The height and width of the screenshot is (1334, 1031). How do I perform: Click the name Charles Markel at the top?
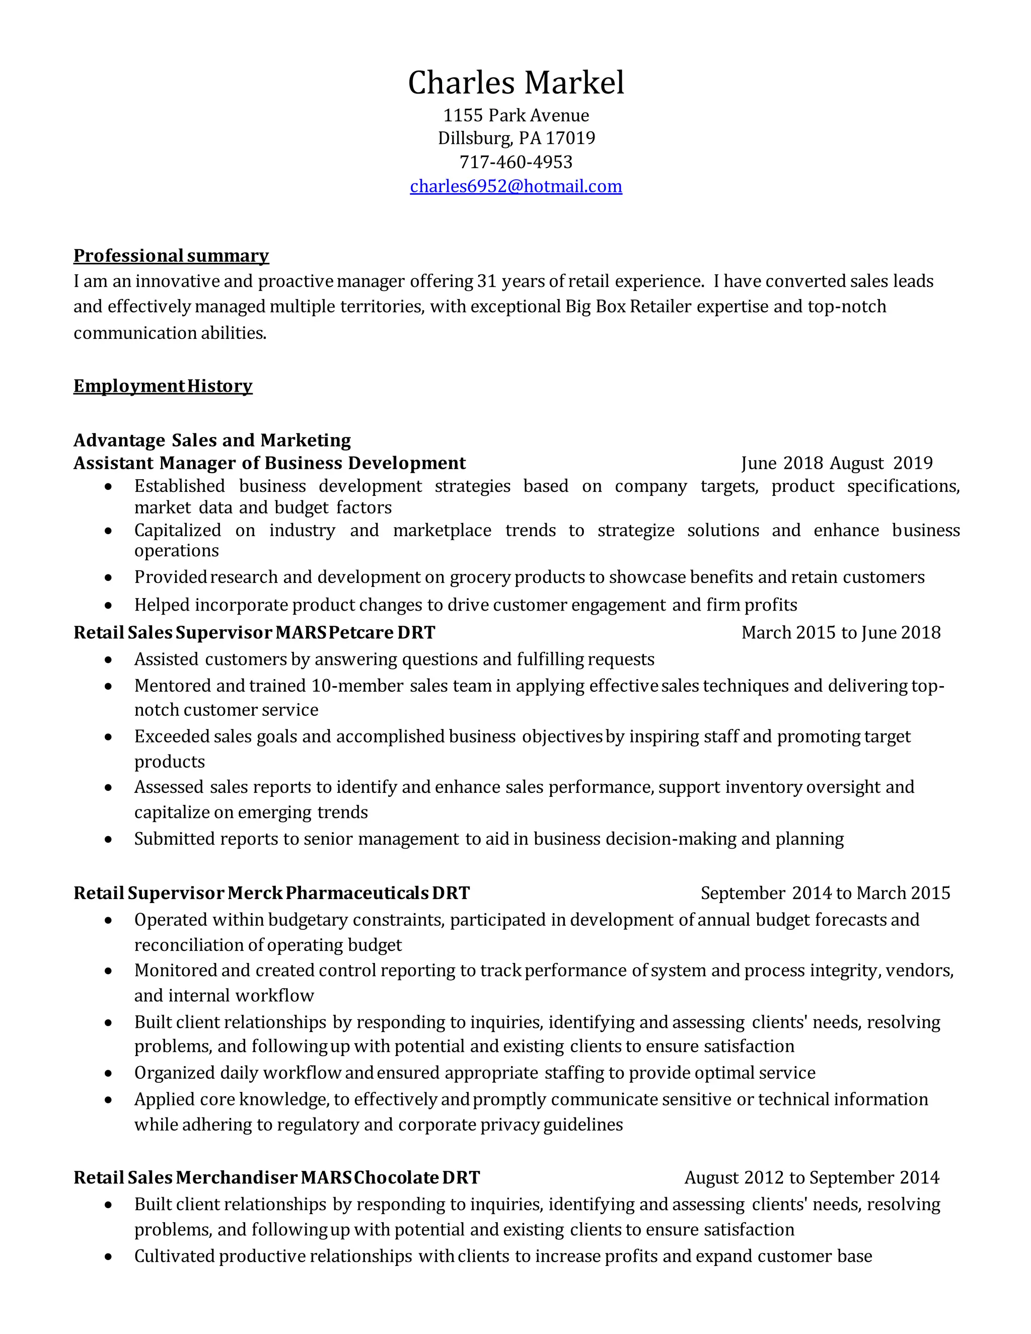click(515, 83)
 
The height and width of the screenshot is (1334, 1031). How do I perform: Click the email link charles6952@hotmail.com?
click(515, 186)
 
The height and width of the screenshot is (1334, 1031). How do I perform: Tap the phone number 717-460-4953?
click(515, 162)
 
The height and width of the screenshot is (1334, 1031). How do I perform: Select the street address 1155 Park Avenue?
click(515, 115)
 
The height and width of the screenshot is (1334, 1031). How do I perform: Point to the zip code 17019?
click(570, 138)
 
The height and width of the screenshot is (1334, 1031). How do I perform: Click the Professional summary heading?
click(171, 255)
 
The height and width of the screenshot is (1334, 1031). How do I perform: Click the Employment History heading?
click(163, 386)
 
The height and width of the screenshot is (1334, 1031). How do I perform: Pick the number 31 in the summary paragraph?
click(486, 281)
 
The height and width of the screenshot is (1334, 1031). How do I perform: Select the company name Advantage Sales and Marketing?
click(212, 440)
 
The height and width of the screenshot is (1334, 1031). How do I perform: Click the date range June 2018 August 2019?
click(837, 463)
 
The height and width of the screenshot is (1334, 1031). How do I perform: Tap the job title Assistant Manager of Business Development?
click(269, 463)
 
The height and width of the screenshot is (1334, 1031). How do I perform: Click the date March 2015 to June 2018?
click(840, 632)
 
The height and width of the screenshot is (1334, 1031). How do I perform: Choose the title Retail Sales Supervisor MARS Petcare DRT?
click(254, 632)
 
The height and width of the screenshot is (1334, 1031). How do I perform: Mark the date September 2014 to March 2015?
click(825, 893)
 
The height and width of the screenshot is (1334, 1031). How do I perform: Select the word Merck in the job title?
click(255, 893)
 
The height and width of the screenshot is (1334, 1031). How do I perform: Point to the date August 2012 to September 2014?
click(812, 1177)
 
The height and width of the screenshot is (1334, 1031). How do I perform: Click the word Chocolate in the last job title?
click(396, 1177)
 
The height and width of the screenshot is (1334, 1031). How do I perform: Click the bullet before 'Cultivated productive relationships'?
click(108, 1256)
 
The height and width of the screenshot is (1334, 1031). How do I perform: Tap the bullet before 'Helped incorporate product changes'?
click(108, 605)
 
